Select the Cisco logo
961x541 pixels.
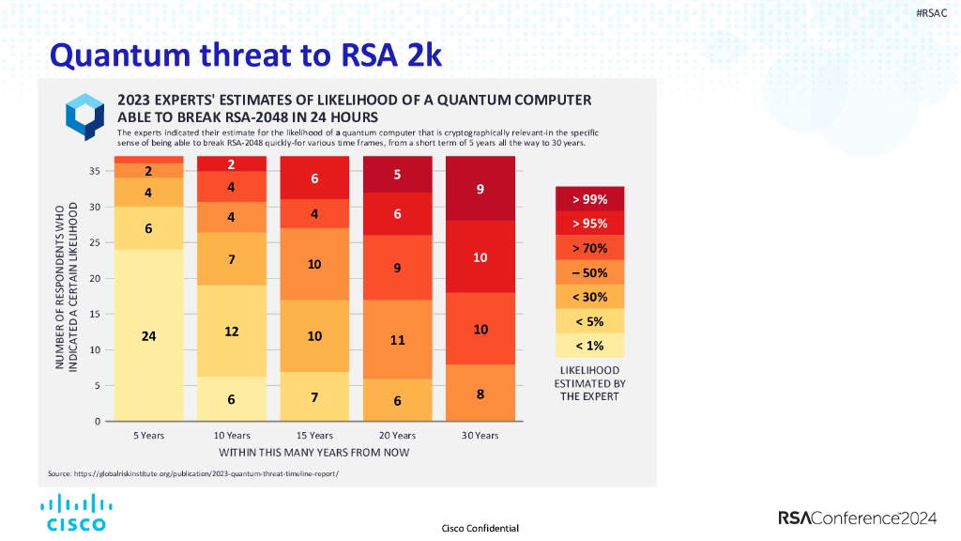tap(76, 513)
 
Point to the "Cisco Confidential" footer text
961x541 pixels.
tap(480, 528)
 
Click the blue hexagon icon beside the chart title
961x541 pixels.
tap(84, 116)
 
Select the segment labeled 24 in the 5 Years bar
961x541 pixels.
tap(148, 335)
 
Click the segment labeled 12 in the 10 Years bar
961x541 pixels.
tap(232, 332)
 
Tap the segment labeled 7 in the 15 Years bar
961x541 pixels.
tap(314, 396)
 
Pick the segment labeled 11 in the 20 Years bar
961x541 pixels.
tap(397, 339)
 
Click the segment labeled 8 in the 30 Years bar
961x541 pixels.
tap(480, 393)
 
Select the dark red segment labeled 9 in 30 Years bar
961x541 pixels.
tap(480, 189)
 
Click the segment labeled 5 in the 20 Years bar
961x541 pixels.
tap(397, 175)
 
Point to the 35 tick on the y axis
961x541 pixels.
tap(95, 171)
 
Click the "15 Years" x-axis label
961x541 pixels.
tap(314, 436)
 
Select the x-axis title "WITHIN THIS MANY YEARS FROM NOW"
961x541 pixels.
tap(313, 452)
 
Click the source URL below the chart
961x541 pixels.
tap(193, 473)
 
